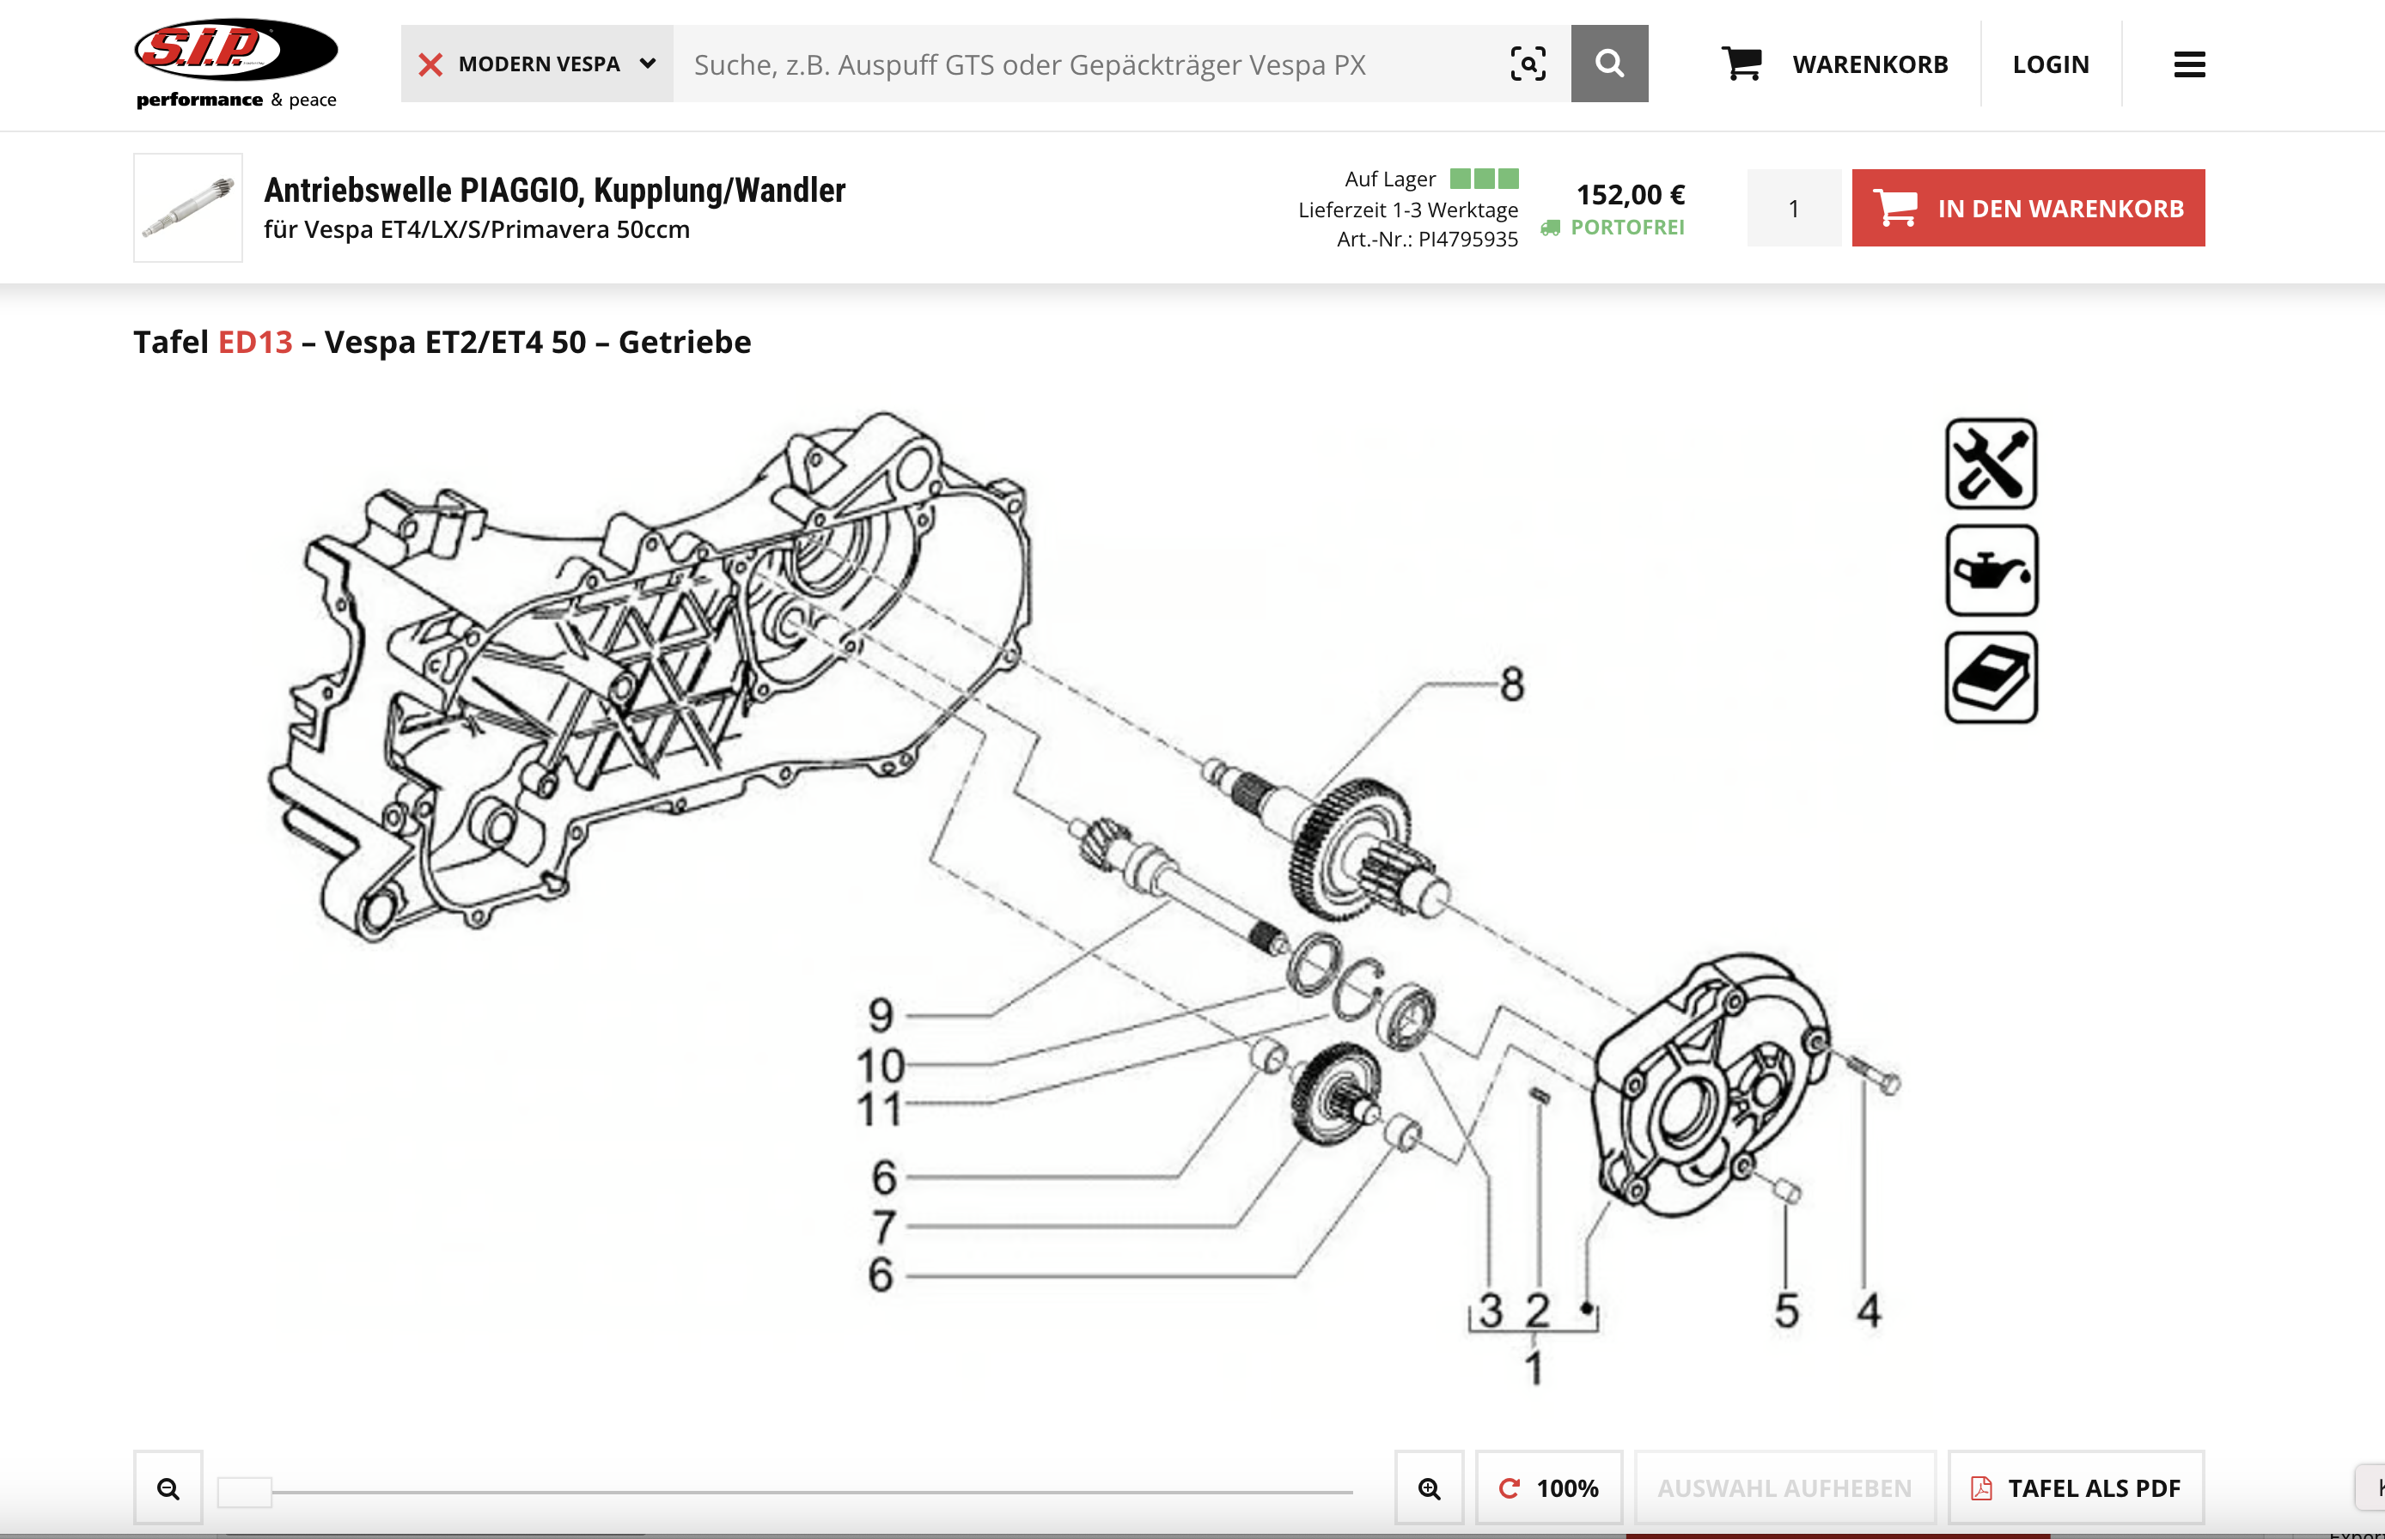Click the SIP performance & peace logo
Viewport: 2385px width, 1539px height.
click(x=236, y=63)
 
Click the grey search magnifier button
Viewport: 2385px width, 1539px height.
click(x=1608, y=64)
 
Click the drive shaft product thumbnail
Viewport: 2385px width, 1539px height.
click(x=188, y=208)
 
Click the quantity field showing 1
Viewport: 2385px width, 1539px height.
click(x=1793, y=208)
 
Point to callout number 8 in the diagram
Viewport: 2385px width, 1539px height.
click(x=1511, y=685)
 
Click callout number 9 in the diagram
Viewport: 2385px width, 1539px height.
click(x=880, y=1015)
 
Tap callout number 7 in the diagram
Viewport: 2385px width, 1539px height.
click(x=883, y=1226)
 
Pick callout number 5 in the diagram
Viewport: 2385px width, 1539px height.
click(x=1786, y=1311)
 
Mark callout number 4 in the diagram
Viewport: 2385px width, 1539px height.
click(x=1868, y=1311)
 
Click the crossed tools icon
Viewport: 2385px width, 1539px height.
click(x=1990, y=464)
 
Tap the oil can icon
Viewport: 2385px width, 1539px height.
click(x=1990, y=570)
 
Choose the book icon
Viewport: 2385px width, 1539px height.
click(x=1990, y=678)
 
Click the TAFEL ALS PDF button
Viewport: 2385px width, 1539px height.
click(x=2076, y=1488)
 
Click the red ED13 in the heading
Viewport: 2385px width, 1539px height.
click(x=255, y=343)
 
